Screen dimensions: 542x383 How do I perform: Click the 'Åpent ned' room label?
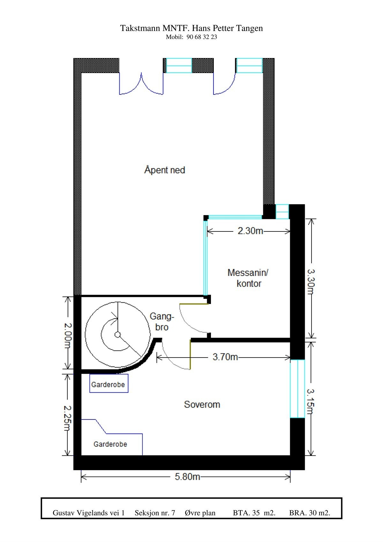[165, 170]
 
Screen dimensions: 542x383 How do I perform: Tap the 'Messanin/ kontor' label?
[248, 278]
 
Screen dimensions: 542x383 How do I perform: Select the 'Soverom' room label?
[202, 405]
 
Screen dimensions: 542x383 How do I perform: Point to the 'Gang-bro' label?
[162, 322]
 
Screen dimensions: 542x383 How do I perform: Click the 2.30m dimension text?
[250, 231]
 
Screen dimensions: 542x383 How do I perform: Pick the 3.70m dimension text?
[225, 357]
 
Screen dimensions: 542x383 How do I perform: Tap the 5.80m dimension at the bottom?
[187, 477]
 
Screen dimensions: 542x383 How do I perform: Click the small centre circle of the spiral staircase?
[117, 335]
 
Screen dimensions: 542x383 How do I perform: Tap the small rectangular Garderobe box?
[109, 384]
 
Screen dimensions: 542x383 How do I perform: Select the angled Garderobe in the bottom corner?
[110, 444]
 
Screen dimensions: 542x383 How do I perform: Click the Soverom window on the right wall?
[297, 388]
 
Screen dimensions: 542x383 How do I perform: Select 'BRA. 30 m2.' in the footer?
[310, 513]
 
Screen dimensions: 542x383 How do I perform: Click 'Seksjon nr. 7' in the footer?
[155, 513]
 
